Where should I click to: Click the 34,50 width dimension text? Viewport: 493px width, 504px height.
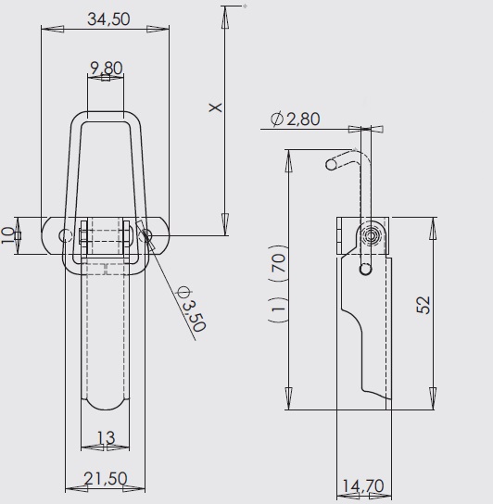[x=107, y=18]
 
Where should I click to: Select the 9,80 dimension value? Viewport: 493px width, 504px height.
[x=106, y=67]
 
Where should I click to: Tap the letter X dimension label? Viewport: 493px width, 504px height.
[x=215, y=108]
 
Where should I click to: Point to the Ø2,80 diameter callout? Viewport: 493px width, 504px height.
[x=295, y=119]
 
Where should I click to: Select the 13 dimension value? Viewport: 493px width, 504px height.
[x=105, y=437]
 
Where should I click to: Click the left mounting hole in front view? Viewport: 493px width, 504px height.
[x=64, y=235]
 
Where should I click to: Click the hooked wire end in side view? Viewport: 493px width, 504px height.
[x=332, y=165]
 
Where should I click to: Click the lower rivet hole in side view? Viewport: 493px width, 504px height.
[x=366, y=270]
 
